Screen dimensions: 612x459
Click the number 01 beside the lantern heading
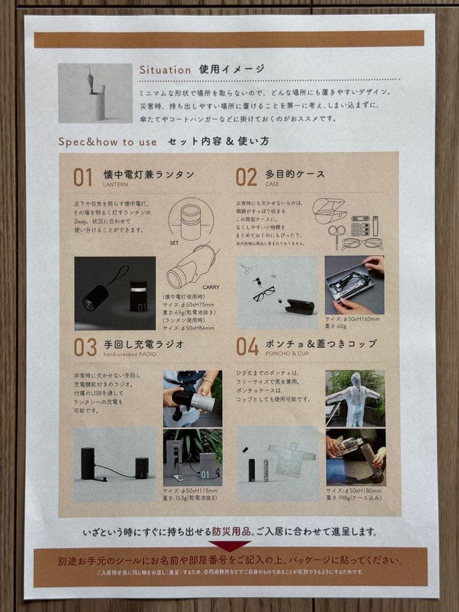pos(83,177)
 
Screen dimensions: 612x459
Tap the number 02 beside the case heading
pos(246,177)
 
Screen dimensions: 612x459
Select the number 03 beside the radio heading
pos(84,347)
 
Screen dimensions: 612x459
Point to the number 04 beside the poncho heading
pos(248,346)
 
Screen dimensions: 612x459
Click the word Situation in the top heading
pos(165,70)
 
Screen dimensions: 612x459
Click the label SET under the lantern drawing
pos(175,242)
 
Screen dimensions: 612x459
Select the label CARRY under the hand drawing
pos(210,287)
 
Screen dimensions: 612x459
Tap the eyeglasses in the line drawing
pos(362,244)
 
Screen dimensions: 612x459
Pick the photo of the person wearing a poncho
pos(355,398)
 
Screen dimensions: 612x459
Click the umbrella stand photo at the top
pos(95,93)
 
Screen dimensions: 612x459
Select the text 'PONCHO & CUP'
pos(287,354)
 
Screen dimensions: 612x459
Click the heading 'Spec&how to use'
pos(107,142)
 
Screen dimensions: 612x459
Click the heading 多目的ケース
pos(295,174)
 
